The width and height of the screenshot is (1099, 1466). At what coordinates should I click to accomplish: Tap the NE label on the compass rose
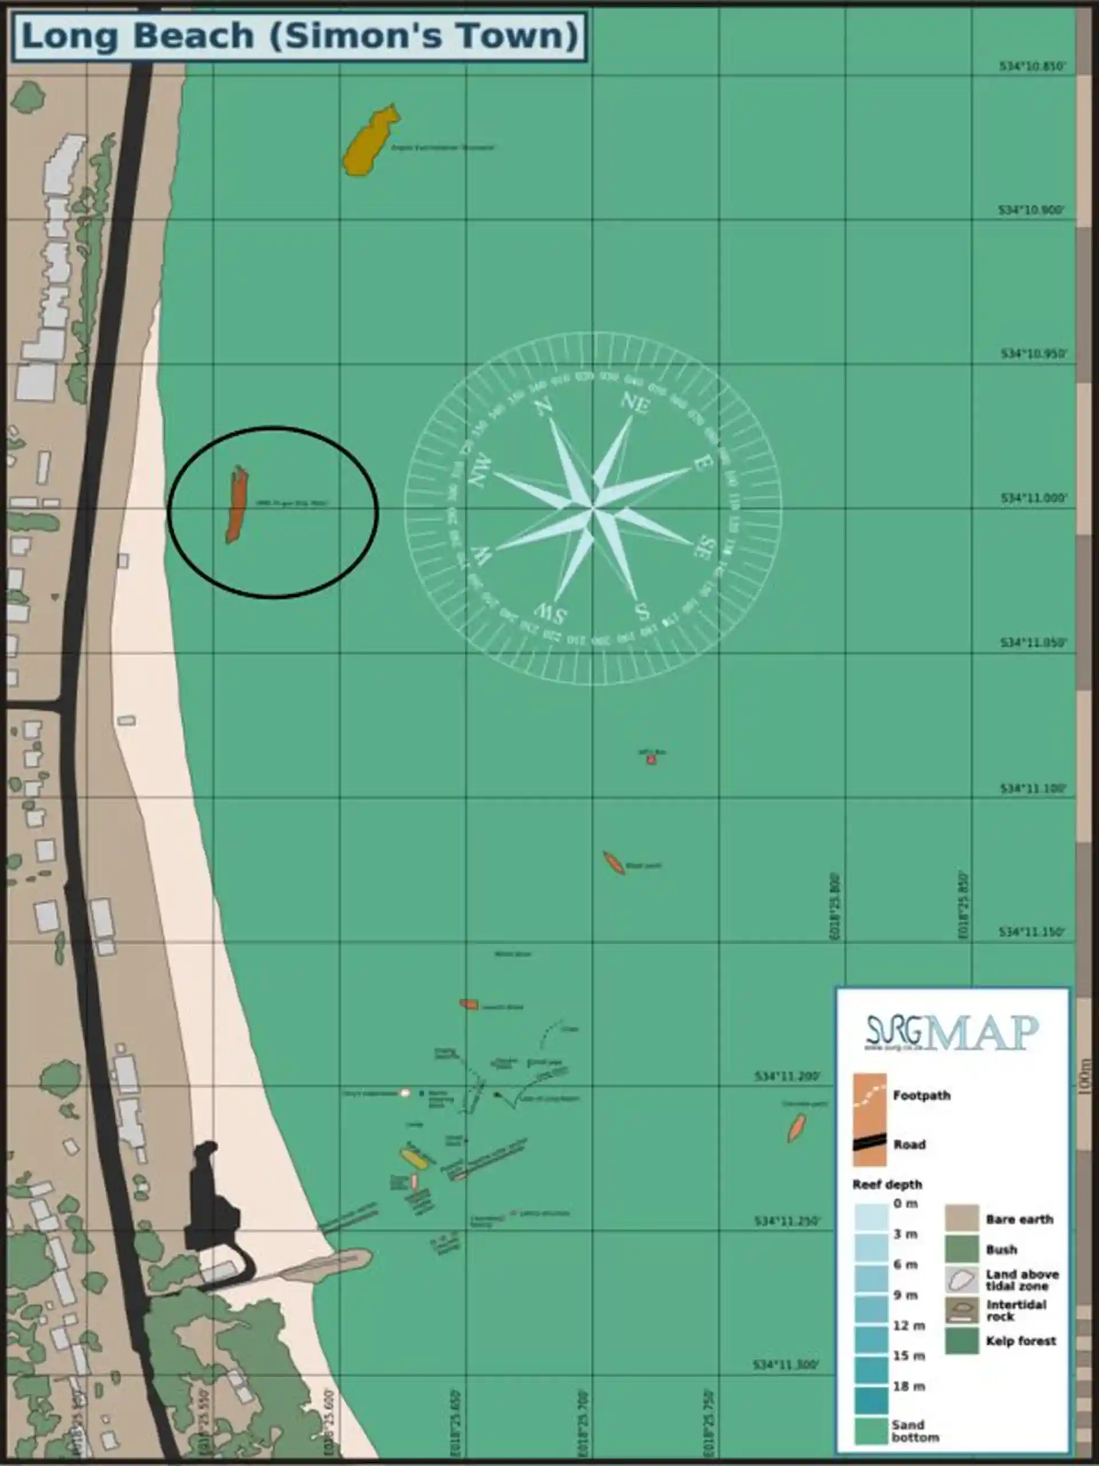[635, 404]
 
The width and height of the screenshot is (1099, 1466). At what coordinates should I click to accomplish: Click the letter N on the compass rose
[544, 405]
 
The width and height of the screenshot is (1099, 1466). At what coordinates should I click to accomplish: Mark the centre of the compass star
[593, 509]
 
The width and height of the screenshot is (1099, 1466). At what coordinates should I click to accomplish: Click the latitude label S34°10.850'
[1032, 66]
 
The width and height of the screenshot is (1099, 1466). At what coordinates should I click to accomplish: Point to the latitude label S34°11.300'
[786, 1365]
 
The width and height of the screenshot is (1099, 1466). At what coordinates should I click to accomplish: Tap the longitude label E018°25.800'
[835, 907]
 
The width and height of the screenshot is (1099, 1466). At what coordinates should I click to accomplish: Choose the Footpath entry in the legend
[921, 1095]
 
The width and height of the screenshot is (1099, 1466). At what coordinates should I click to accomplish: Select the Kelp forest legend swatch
[961, 1341]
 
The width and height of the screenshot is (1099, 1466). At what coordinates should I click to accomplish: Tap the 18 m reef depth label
[905, 1386]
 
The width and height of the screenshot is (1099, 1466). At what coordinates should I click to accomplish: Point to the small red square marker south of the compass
[651, 759]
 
